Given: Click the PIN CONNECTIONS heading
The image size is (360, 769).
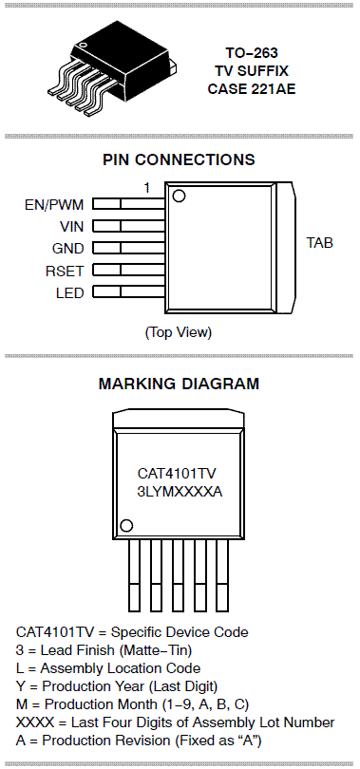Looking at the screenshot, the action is point(179,159).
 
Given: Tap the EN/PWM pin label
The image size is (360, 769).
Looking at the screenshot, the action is point(54,204).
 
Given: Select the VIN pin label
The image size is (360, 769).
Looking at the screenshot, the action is point(71,227).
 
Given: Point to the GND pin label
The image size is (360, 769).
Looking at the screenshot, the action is point(67,249).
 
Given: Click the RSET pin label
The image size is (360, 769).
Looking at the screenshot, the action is point(65,271).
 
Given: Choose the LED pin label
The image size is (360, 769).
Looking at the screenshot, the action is point(69,293).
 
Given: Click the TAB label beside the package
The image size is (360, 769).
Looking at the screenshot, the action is point(320,243).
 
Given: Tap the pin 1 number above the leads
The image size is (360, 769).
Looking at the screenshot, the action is point(146,187).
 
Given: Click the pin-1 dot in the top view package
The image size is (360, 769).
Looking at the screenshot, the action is point(179,197).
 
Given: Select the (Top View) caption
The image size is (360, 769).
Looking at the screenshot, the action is point(179,332).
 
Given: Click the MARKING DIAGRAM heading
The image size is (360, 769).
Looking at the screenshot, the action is point(179,384).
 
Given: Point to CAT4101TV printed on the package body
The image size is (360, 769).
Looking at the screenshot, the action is point(177,474).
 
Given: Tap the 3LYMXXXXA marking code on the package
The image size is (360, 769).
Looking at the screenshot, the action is point(180,492).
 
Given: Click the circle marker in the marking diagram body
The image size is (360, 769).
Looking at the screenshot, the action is point(126,526).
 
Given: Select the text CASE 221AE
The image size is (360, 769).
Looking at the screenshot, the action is point(252,89).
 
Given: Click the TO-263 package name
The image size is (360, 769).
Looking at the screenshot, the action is point(252,53).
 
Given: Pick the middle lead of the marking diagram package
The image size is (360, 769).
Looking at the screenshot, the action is point(179,575).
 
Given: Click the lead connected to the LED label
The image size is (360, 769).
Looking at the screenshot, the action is point(128,291).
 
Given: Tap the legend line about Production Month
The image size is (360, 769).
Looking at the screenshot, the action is point(132,704).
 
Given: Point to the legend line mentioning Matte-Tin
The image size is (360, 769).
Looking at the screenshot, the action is point(104,650).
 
